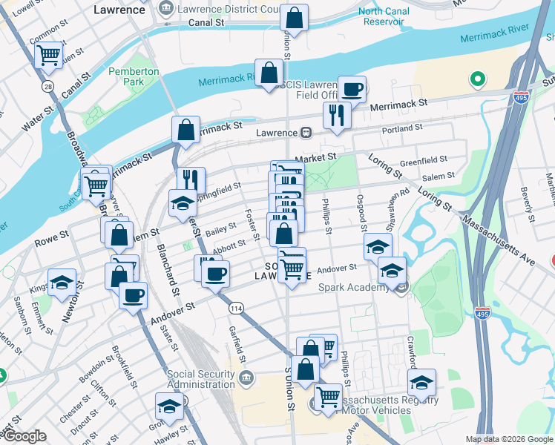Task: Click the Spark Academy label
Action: click(351, 287)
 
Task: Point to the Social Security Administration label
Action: click(201, 379)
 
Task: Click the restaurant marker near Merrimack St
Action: click(337, 116)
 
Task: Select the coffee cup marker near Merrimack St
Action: click(352, 89)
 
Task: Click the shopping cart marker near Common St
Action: click(49, 54)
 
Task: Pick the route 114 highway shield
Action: click(237, 307)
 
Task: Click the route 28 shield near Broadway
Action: click(48, 88)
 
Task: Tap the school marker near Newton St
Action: click(62, 283)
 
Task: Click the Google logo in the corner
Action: click(25, 436)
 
